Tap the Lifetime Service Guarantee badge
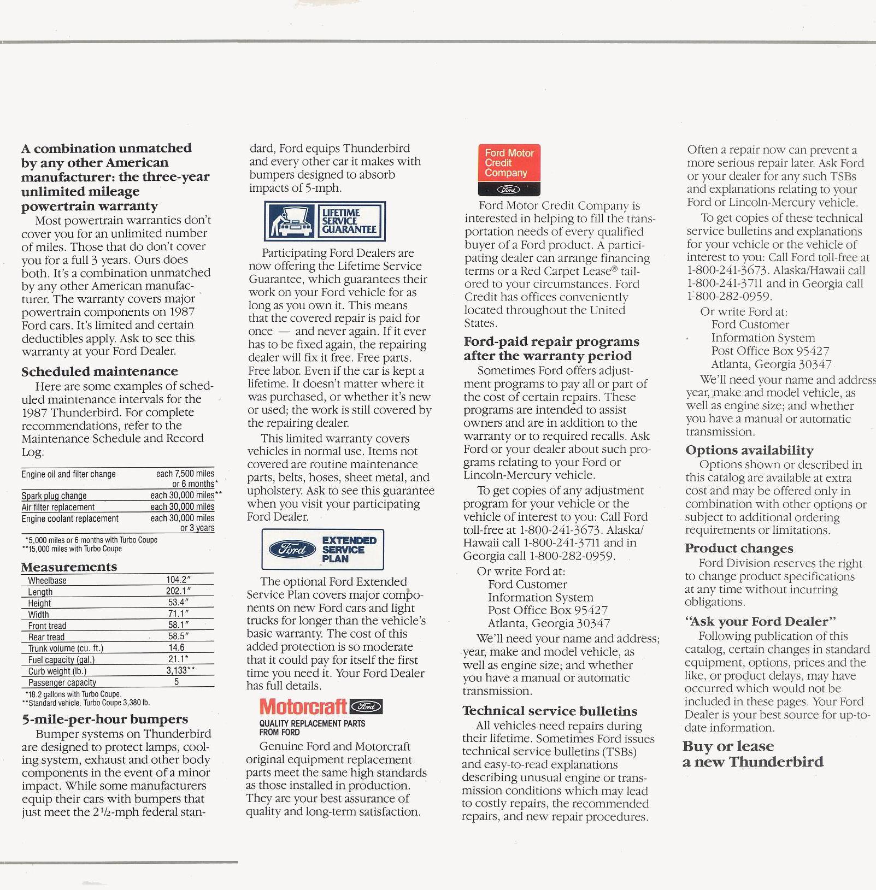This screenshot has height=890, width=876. (325, 221)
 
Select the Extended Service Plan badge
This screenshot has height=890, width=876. (322, 549)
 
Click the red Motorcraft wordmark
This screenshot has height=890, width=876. (303, 707)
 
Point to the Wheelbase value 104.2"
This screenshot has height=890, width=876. (178, 580)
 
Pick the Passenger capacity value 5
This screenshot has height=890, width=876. (177, 682)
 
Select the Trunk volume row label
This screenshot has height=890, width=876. (66, 649)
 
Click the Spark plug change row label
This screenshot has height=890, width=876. (54, 496)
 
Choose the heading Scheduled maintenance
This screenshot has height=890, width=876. (99, 372)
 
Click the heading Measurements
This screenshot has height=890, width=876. (69, 567)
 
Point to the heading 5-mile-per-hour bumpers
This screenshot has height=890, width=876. (105, 719)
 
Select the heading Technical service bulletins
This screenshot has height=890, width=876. (550, 711)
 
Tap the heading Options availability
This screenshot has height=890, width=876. (749, 450)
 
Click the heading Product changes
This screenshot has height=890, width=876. (739, 548)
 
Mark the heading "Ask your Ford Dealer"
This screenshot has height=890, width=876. (760, 621)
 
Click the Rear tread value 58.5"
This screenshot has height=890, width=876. (178, 636)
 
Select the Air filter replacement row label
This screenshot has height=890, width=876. (58, 507)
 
